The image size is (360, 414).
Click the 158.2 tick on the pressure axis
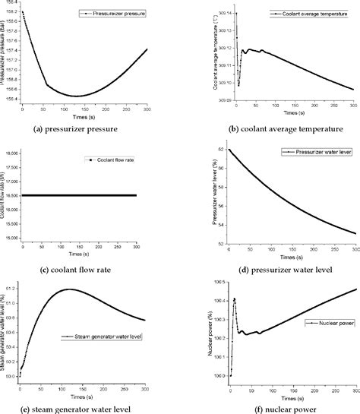tap(11, 13)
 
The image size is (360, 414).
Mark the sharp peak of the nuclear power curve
tap(235, 299)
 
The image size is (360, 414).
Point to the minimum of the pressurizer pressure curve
tap(77, 96)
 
